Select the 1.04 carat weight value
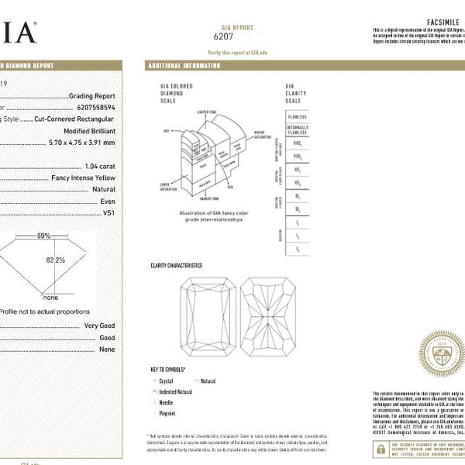coord(99,167)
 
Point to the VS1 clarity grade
coord(108,211)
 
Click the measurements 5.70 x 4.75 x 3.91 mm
coord(81,143)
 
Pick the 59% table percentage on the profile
coord(44,236)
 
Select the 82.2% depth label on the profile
coord(55,260)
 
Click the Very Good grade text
coord(99,326)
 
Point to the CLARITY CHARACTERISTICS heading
coord(176,266)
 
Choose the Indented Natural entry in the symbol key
coord(177,392)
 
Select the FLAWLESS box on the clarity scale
coord(297,116)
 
